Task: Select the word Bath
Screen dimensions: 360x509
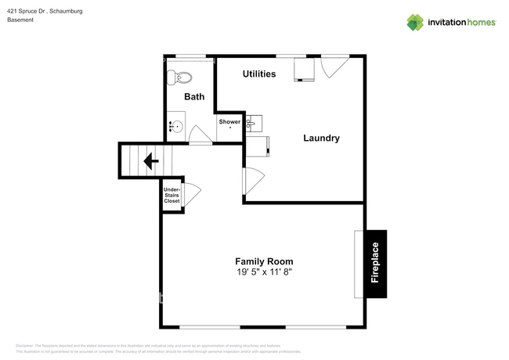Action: pyautogui.click(x=194, y=97)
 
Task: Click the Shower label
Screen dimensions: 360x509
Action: pyautogui.click(x=229, y=122)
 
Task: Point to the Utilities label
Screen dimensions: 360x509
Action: pyautogui.click(x=259, y=74)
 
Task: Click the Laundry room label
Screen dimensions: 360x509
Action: pyautogui.click(x=321, y=139)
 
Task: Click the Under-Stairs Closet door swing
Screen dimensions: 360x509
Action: pyautogui.click(x=190, y=194)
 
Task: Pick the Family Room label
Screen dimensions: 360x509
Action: pyautogui.click(x=264, y=261)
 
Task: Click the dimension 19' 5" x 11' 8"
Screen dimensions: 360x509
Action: pyautogui.click(x=264, y=272)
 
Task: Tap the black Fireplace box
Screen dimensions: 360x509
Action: pyautogui.click(x=375, y=264)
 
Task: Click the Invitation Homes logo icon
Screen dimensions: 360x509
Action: pyautogui.click(x=415, y=22)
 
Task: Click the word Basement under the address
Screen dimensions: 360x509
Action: pyautogui.click(x=21, y=20)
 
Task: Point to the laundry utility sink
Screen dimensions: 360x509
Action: pyautogui.click(x=254, y=123)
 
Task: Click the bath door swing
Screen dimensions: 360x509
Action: pyautogui.click(x=200, y=137)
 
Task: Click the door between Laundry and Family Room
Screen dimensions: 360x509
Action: pyautogui.click(x=253, y=182)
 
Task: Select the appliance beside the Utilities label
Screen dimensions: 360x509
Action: pyautogui.click(x=303, y=70)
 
